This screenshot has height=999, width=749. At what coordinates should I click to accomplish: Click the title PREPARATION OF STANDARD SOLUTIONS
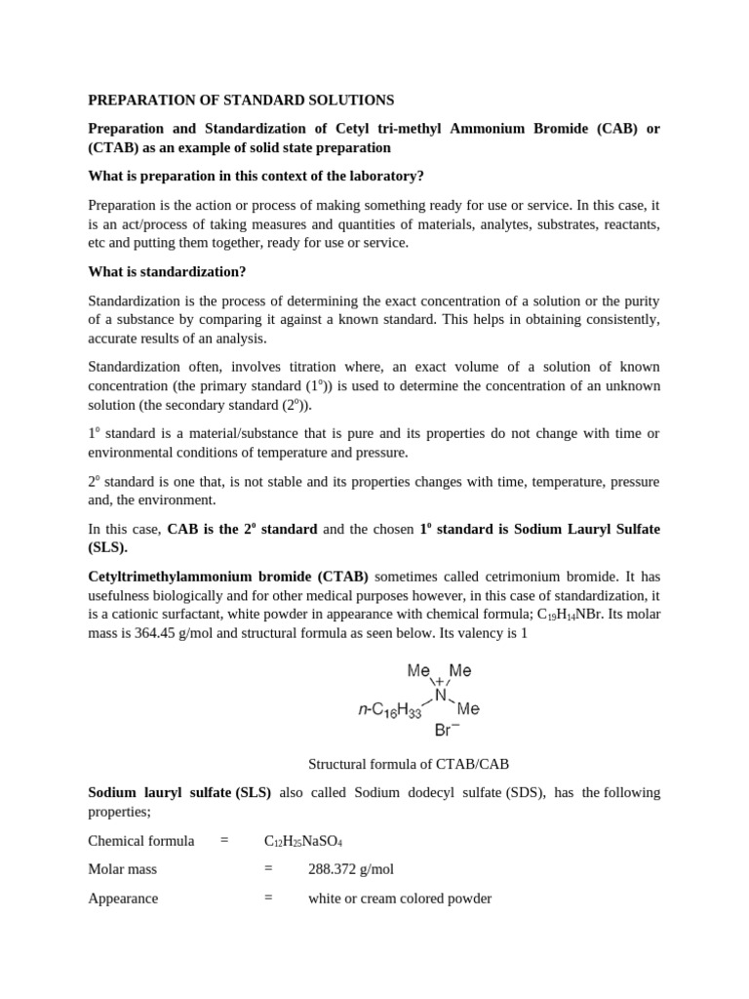(x=241, y=100)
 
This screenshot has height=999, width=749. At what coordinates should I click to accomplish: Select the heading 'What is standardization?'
(x=167, y=271)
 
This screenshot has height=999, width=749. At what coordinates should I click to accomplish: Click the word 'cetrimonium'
(x=486, y=577)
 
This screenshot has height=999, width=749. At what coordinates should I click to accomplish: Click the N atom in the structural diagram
(x=441, y=696)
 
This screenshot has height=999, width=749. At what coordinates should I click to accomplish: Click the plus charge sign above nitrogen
(x=440, y=681)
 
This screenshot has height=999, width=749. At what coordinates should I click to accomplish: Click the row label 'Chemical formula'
(x=141, y=840)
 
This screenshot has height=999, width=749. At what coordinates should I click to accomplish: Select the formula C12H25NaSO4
(x=303, y=840)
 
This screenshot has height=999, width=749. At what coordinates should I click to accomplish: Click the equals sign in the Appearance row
(x=268, y=898)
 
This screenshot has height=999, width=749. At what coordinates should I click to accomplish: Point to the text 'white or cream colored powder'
(x=400, y=898)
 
